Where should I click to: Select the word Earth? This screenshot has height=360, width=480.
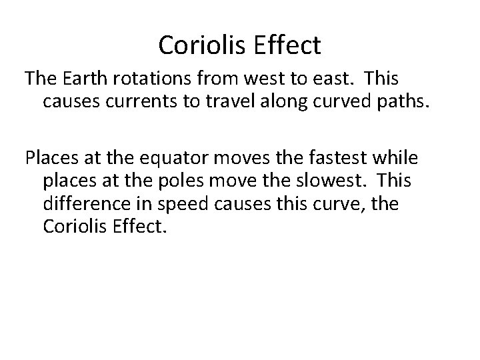point(89,79)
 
